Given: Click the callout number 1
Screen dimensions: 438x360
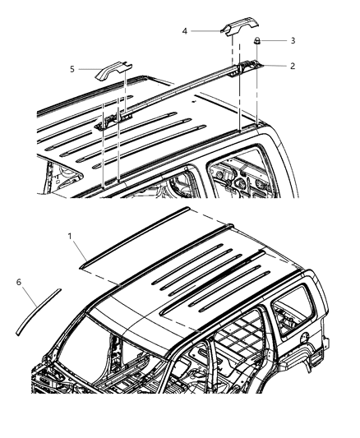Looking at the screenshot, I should (x=71, y=236).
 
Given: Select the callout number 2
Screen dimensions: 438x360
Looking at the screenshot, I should (x=293, y=66).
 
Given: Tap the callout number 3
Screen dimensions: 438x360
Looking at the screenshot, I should (x=293, y=39).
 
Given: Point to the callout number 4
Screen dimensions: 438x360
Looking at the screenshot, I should (x=185, y=31).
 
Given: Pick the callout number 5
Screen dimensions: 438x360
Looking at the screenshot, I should (x=72, y=70).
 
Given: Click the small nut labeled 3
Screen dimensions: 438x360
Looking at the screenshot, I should (x=257, y=40).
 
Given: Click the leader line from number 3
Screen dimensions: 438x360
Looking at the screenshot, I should (x=275, y=40).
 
